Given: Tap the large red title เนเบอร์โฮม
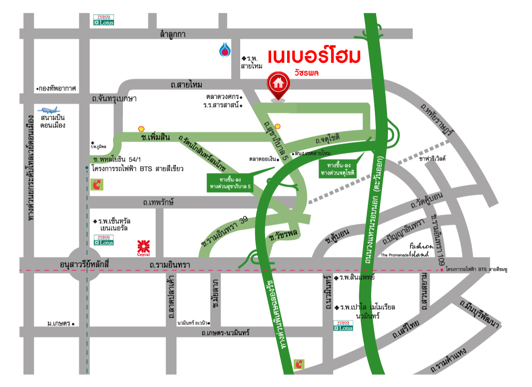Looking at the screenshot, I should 314,56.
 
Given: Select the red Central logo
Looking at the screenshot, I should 143,247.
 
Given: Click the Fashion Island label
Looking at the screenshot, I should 418,249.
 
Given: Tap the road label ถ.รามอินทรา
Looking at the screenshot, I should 169,265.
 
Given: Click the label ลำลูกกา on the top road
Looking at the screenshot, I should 172,34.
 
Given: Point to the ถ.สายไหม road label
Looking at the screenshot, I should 186,85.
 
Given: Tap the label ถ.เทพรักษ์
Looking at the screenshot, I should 159,202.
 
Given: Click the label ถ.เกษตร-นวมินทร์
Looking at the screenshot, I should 225,333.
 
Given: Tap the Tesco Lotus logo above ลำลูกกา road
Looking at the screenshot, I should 104,20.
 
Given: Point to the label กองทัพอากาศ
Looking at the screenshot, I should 58,88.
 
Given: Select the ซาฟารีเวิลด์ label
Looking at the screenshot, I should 432,159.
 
